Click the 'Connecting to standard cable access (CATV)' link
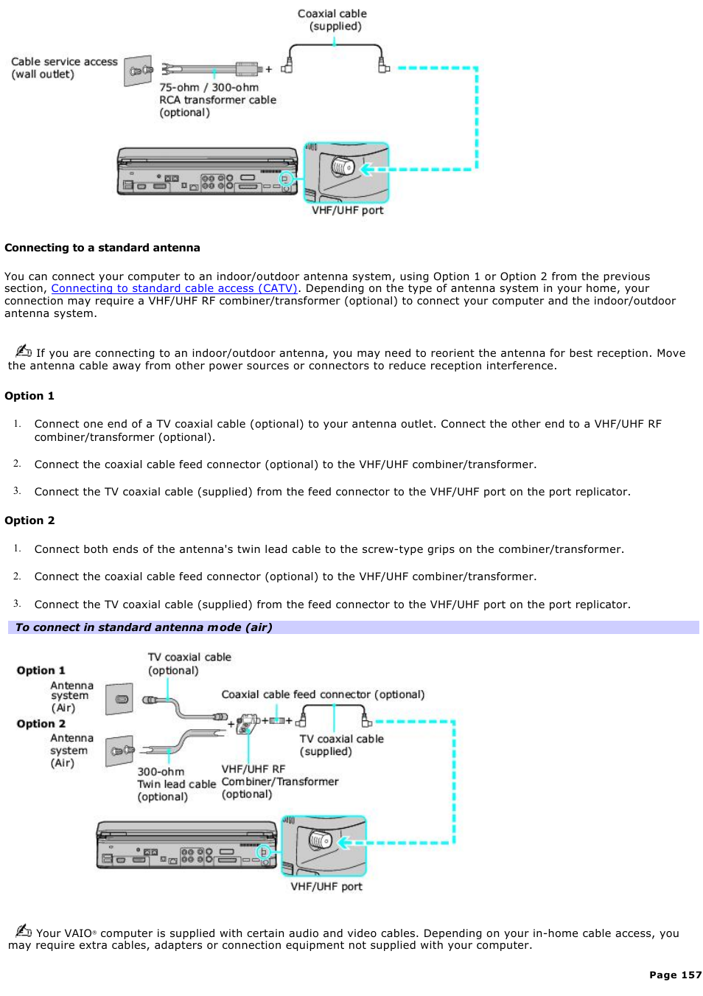[x=174, y=288]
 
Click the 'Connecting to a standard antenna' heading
[x=102, y=248]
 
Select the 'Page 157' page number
[x=675, y=975]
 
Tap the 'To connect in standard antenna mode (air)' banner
[x=144, y=627]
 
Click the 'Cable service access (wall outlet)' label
[x=63, y=68]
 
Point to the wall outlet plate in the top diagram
[x=138, y=71]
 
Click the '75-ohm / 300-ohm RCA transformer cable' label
[x=217, y=100]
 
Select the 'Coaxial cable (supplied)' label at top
[x=332, y=20]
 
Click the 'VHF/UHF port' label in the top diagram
[x=347, y=210]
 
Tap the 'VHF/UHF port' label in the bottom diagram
[x=326, y=886]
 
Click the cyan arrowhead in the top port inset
[x=366, y=170]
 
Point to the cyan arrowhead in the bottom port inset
[x=344, y=843]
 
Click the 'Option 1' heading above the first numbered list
[x=29, y=396]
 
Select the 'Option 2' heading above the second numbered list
[x=29, y=520]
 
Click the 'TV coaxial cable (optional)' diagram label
[x=189, y=664]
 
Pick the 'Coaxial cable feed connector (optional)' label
[x=323, y=694]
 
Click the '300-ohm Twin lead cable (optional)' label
[x=176, y=784]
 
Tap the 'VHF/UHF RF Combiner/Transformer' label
[x=279, y=781]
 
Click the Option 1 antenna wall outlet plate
[x=119, y=699]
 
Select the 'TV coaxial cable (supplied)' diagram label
[x=341, y=745]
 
